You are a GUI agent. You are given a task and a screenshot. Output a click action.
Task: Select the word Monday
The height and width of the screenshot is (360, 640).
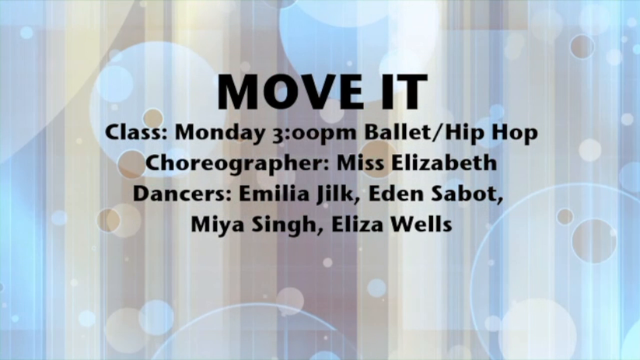point(219,134)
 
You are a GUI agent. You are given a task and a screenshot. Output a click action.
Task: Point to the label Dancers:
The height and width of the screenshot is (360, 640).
point(182,194)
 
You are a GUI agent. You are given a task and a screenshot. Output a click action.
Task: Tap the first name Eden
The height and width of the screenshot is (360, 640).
point(396,194)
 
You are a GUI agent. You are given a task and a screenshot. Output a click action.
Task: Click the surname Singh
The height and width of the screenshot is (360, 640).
point(285,225)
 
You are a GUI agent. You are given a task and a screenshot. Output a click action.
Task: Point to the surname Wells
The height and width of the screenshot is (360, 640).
point(421,225)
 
